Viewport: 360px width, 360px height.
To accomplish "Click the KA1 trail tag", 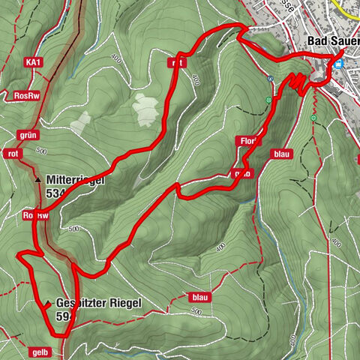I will click(x=31, y=61).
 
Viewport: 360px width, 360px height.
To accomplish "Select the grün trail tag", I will click(x=25, y=135).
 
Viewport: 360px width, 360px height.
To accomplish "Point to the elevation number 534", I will click(x=56, y=195).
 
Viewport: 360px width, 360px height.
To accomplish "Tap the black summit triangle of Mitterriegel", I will click(x=37, y=181).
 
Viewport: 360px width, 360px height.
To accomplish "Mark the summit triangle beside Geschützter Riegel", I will click(x=48, y=304).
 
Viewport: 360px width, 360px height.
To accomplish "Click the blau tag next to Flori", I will click(x=281, y=154).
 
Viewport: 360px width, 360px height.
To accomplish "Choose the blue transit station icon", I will click(x=339, y=64).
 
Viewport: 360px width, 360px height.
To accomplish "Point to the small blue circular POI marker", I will click(x=269, y=77).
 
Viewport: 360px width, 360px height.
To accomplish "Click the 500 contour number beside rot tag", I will click(x=40, y=151).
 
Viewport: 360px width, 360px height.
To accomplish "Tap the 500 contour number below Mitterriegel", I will click(x=73, y=229).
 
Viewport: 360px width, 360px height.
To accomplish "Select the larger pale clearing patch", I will click(x=146, y=110).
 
